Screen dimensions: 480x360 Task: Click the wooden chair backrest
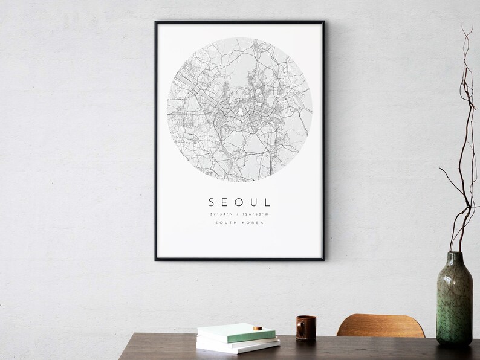click(380, 326)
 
